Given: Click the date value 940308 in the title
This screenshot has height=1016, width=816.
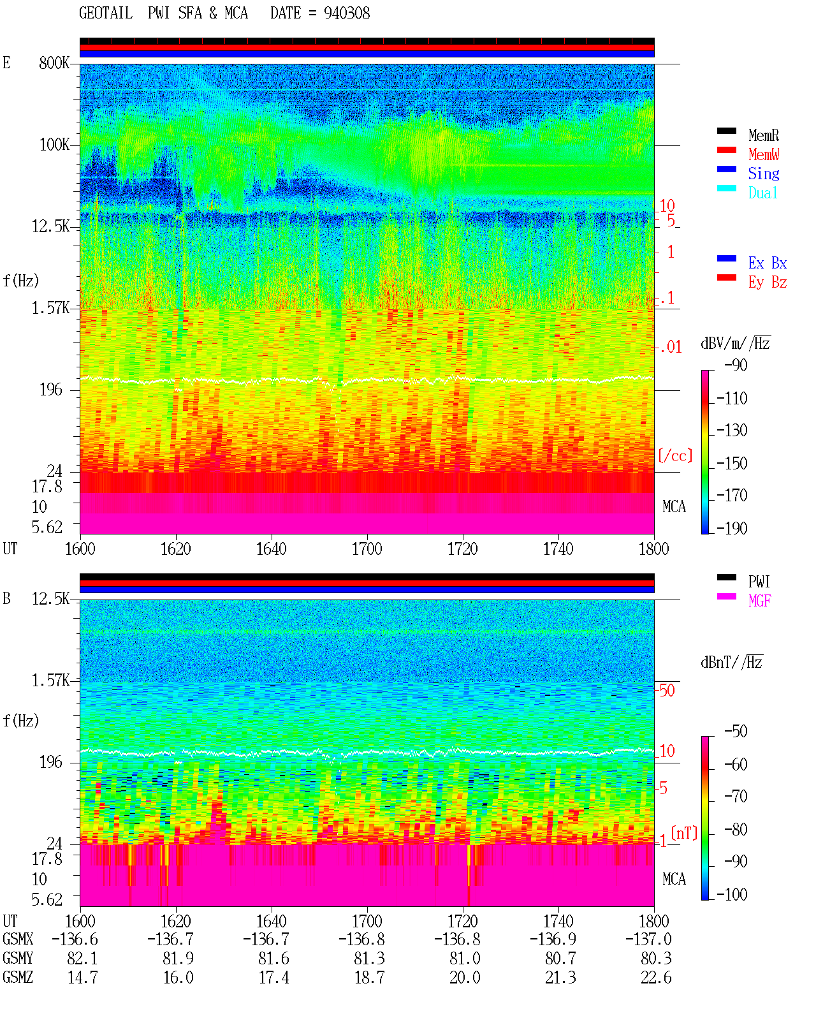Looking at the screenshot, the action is pyautogui.click(x=346, y=13).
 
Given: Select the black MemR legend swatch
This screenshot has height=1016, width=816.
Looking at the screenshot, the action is pyautogui.click(x=726, y=131).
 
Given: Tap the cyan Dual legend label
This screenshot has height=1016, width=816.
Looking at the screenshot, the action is pyautogui.click(x=763, y=193).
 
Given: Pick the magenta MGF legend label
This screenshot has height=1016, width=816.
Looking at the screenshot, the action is pyautogui.click(x=759, y=601).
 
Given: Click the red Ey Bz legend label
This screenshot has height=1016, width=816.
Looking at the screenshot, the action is pyautogui.click(x=768, y=283).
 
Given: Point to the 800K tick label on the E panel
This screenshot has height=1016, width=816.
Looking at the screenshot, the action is pyautogui.click(x=54, y=63).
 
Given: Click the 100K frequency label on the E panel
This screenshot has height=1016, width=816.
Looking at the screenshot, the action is pyautogui.click(x=54, y=145).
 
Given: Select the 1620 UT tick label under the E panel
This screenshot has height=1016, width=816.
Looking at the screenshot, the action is pyautogui.click(x=175, y=549).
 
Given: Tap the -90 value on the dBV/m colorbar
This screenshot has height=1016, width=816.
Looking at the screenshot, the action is pyautogui.click(x=736, y=365).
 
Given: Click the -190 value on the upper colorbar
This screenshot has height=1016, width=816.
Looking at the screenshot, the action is pyautogui.click(x=732, y=528).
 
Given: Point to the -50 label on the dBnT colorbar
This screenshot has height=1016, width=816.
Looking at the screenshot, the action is pyautogui.click(x=736, y=732).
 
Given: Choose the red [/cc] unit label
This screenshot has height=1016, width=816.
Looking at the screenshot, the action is pyautogui.click(x=675, y=455).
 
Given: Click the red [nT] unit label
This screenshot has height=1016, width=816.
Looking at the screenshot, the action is pyautogui.click(x=684, y=833).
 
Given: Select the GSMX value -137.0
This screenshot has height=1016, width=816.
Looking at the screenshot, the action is pyautogui.click(x=648, y=939).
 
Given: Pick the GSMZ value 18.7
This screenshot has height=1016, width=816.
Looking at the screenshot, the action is pyautogui.click(x=370, y=977).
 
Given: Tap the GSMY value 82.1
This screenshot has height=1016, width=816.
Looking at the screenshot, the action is pyautogui.click(x=83, y=959).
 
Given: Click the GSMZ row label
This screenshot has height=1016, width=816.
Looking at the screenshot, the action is pyautogui.click(x=18, y=977).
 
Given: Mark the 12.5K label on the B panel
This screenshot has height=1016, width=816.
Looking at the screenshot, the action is pyautogui.click(x=50, y=599).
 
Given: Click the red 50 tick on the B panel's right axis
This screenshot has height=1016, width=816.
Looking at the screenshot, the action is pyautogui.click(x=667, y=691).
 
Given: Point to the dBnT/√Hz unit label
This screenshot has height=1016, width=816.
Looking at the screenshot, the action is pyautogui.click(x=732, y=662).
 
